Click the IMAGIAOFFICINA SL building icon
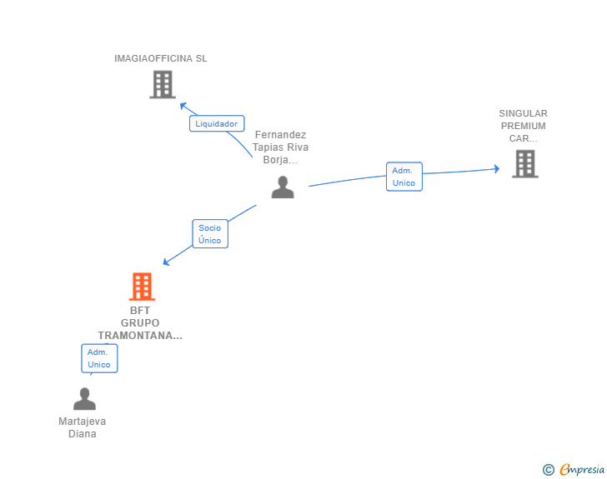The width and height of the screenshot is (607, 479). tap(162, 84)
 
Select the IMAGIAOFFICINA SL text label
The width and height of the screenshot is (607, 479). tap(161, 58)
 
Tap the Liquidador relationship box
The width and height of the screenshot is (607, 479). tap(217, 123)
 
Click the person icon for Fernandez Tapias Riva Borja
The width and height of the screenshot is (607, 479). tap(283, 187)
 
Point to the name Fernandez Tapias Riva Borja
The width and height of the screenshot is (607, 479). tap(281, 147)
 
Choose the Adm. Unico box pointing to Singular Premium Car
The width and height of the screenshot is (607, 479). tap(404, 177)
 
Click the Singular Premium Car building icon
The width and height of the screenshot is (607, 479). tap(524, 164)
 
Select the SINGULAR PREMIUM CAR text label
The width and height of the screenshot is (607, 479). tap(524, 126)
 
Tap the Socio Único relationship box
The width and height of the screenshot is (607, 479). tap(210, 234)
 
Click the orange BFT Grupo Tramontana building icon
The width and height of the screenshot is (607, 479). tap(142, 287)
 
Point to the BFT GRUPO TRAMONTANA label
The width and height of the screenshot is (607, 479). tap(140, 323)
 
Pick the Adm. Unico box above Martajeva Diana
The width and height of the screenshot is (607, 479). tap(99, 358)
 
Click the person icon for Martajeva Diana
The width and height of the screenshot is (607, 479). tap(84, 399)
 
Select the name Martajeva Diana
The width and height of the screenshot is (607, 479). tap(83, 427)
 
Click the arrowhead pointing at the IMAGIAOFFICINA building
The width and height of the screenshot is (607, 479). tap(183, 105)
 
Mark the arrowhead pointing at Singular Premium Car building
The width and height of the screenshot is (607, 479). tap(495, 169)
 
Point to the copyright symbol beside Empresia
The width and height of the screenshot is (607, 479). tap(548, 470)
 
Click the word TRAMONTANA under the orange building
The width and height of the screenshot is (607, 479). tap(140, 336)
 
